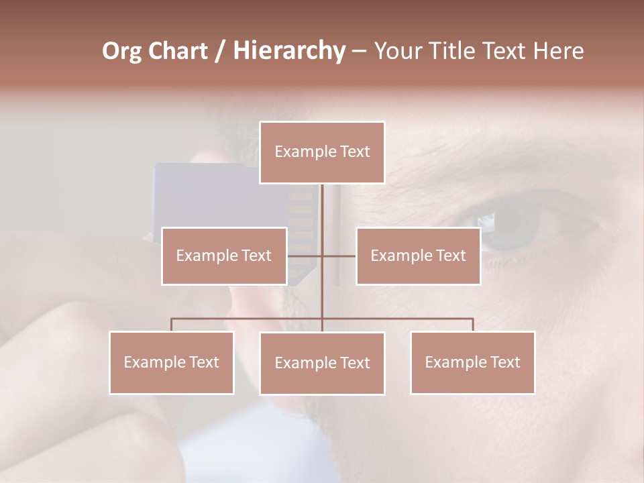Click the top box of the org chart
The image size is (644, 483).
(322, 152)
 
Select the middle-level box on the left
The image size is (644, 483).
(224, 256)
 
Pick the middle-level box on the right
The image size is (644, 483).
(418, 256)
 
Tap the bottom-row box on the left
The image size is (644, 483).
(172, 362)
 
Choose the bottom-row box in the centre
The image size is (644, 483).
(322, 363)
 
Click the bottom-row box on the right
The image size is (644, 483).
(472, 362)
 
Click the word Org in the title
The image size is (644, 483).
(123, 51)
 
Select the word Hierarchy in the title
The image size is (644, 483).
(288, 51)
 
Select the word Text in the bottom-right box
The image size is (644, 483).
(504, 362)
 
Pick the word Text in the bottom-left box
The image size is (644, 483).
(203, 362)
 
